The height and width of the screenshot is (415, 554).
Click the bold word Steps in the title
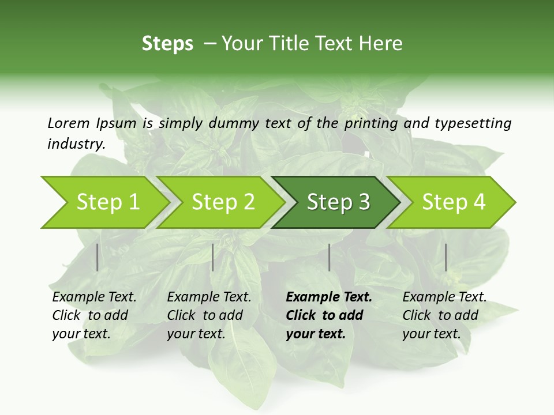click(x=167, y=44)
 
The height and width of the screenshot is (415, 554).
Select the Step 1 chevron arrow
click(x=104, y=202)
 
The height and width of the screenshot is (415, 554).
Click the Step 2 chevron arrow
click(x=222, y=202)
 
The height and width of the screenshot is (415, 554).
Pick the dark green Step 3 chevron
click(x=338, y=202)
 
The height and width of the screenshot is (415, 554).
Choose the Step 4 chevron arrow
click(x=453, y=202)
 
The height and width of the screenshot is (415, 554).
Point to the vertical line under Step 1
click(x=98, y=257)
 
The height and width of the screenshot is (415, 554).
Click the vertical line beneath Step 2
click(x=213, y=257)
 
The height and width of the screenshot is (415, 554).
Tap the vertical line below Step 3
click(x=330, y=257)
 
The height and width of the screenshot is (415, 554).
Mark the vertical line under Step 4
click(x=446, y=257)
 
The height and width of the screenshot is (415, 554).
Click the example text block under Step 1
click(x=94, y=315)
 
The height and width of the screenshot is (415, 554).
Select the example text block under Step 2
click(x=209, y=315)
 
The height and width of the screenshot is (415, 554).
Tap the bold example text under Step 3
click(x=329, y=315)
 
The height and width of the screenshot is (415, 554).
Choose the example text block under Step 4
click(x=444, y=315)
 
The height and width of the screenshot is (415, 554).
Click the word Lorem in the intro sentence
click(x=69, y=123)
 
